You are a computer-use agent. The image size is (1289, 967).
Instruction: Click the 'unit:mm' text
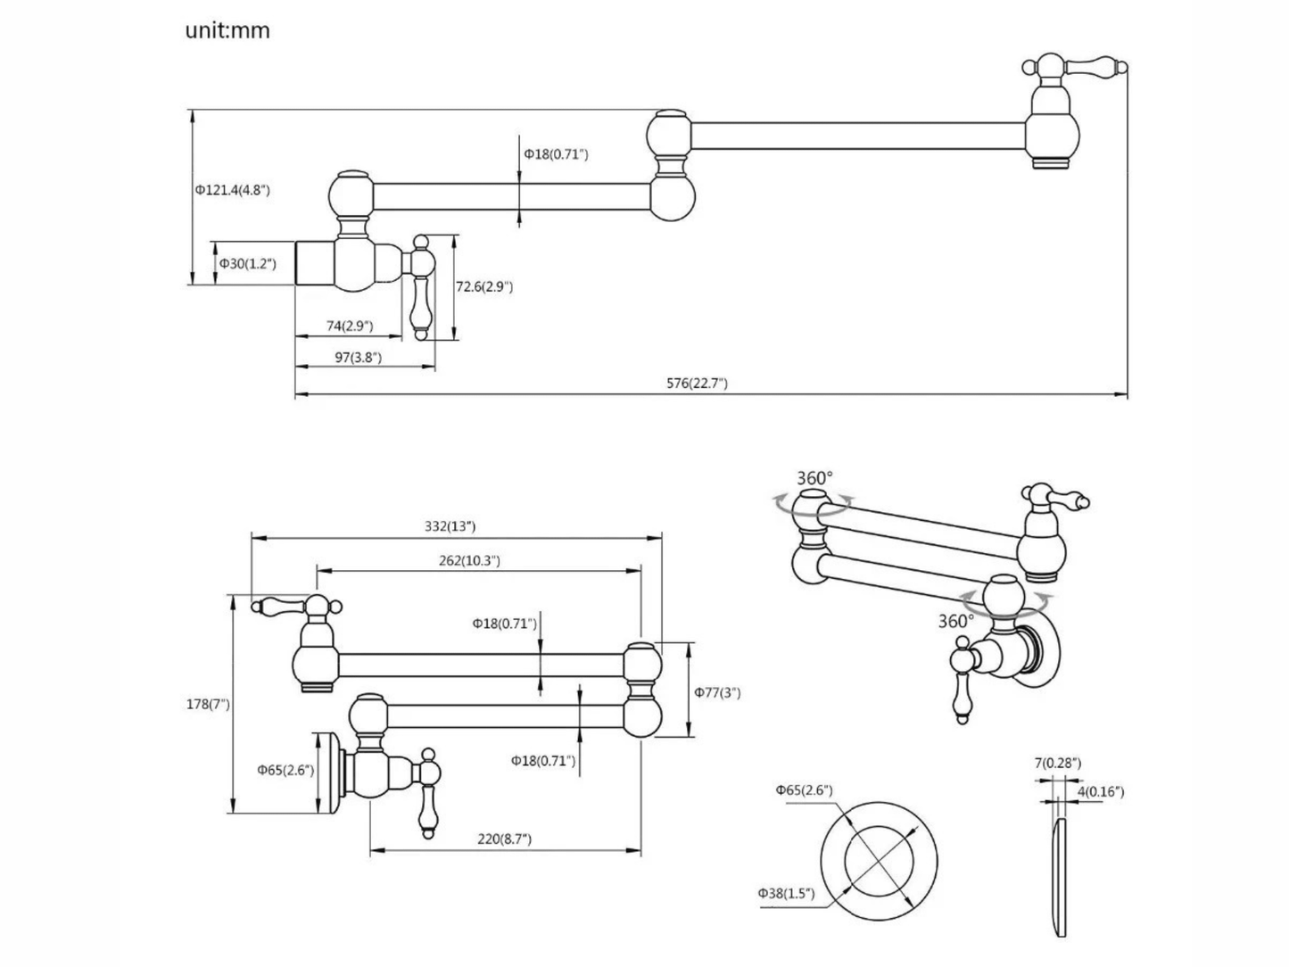coord(227,31)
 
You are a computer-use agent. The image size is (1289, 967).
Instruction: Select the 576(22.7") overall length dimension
coord(697,384)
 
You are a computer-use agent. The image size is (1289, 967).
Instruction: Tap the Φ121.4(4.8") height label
coord(232,189)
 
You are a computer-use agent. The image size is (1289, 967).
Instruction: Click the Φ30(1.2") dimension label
coord(249,264)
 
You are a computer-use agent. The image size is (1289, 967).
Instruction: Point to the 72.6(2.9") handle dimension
coord(484,286)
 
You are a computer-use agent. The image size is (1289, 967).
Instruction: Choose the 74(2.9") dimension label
coord(349,326)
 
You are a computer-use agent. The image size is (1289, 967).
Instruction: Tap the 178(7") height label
coord(207,704)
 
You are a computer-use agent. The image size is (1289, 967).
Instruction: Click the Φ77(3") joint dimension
coord(717,692)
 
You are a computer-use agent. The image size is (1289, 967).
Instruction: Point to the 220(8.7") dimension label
coord(504,839)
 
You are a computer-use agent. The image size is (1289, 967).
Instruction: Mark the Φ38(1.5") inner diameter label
coord(786,893)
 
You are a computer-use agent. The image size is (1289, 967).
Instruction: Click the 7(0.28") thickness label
coord(1058,763)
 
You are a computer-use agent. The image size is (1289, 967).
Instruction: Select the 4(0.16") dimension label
coord(1100,791)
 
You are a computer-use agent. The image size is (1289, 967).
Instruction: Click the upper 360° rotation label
coord(814,479)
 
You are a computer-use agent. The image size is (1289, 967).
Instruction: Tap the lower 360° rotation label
coord(955,621)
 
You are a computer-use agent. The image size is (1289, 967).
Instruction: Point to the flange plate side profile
coord(1056,878)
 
